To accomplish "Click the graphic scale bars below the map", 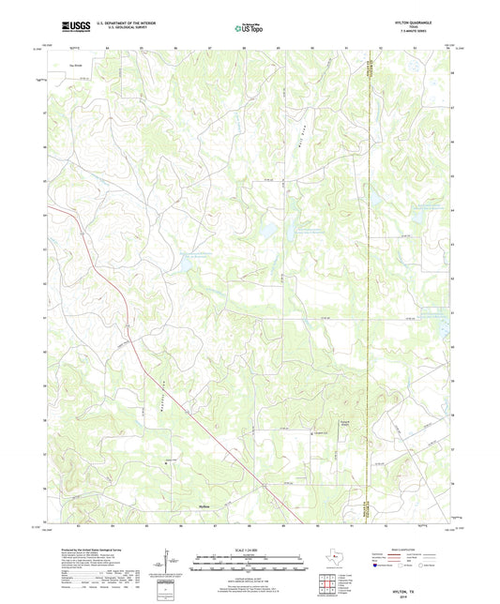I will [249, 566].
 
